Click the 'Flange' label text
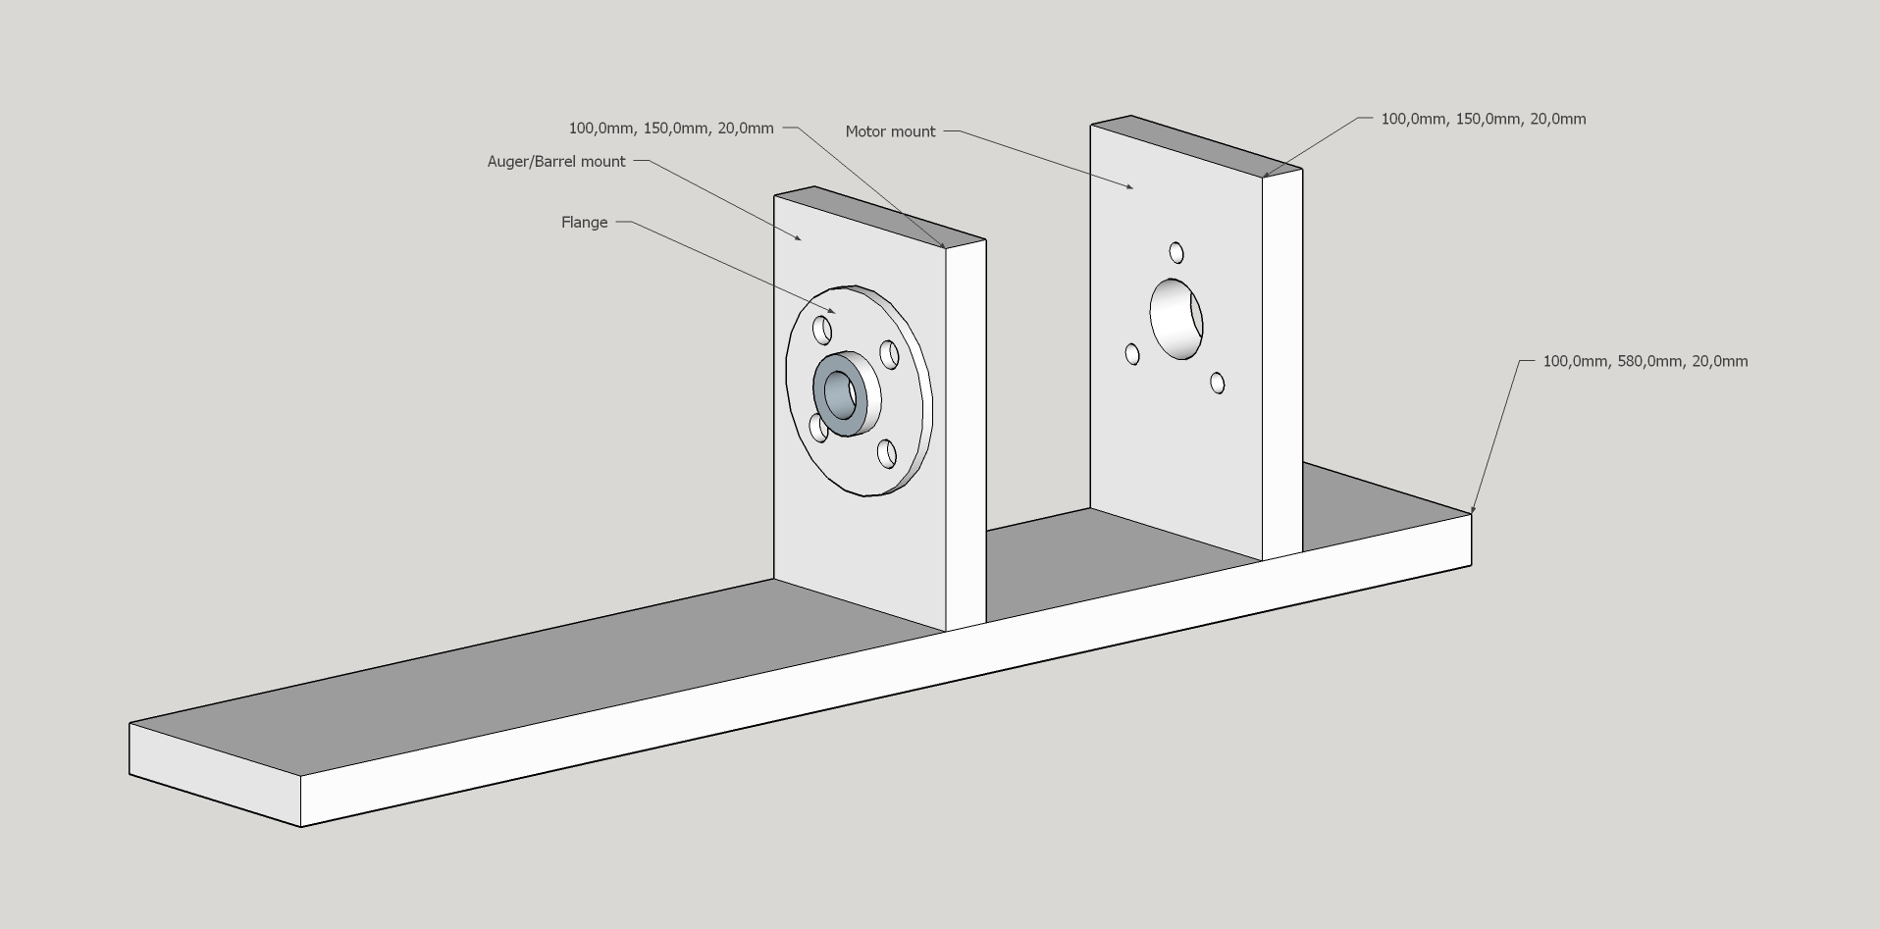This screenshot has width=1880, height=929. coord(585,223)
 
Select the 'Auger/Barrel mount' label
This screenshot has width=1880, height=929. coord(556,162)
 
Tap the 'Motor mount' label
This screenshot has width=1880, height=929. coord(890,131)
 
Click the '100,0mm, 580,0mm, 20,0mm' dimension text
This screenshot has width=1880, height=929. coord(1645,361)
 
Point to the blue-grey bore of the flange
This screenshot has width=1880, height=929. coord(840,394)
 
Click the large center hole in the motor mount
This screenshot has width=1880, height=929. coord(1176,319)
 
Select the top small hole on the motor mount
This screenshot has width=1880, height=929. coord(1176,253)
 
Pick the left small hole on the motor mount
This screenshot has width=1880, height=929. coord(1132,353)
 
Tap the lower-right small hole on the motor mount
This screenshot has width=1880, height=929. coord(1218,383)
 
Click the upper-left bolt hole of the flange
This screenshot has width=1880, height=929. coord(822,331)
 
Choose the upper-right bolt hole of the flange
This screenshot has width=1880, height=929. coord(889,354)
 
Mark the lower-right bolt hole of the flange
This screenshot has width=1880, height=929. coord(887,453)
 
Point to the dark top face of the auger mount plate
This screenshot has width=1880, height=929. coord(880,217)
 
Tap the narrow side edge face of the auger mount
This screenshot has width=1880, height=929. coord(966,436)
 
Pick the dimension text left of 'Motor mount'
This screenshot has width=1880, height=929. coord(671,129)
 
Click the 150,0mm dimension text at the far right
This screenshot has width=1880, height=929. coord(1484,119)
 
